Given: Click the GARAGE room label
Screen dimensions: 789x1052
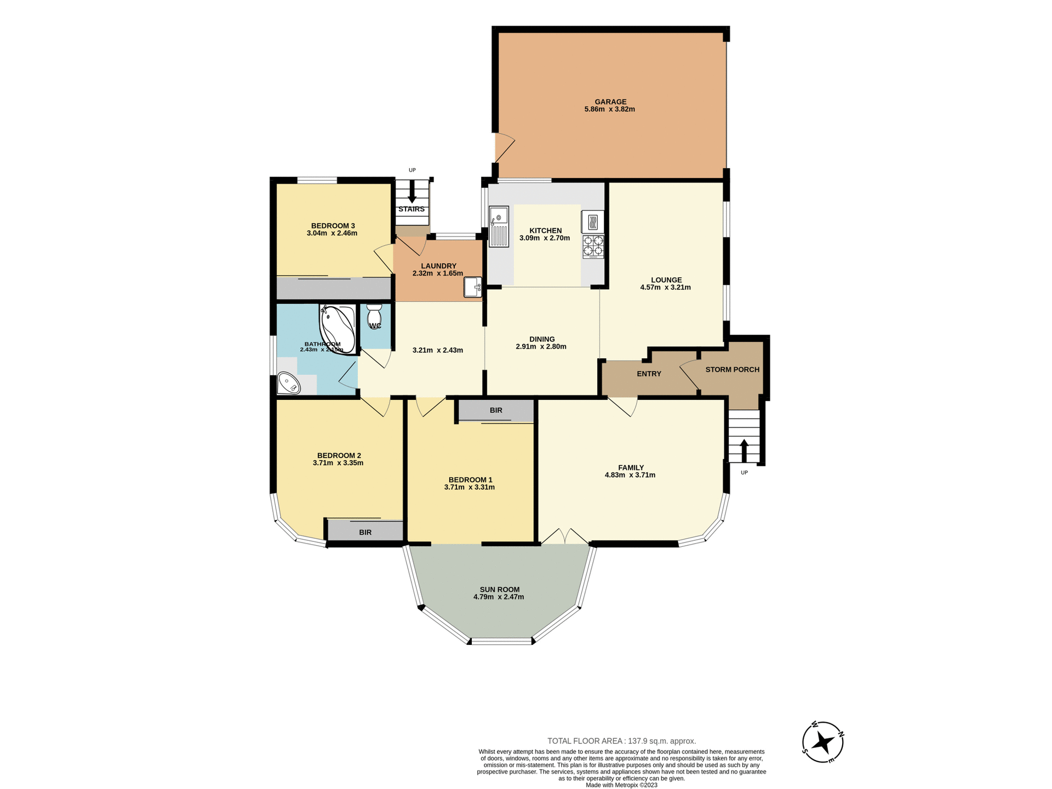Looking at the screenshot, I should point(610,102).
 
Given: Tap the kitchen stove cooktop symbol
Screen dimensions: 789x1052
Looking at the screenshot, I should point(593,247).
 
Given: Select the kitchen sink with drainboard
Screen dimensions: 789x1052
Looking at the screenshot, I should point(499,227).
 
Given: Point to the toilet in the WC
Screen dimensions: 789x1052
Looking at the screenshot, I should point(374,316).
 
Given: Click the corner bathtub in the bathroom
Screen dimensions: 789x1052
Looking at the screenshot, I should point(337,328).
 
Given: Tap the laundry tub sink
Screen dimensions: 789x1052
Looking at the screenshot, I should point(472,287).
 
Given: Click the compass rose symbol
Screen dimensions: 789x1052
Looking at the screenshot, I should point(822,742).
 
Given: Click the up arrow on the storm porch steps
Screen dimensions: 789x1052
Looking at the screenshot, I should point(744,450).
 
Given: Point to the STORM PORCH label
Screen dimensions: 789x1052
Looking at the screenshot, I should point(732,370).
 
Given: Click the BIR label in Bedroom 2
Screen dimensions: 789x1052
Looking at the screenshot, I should point(365,533).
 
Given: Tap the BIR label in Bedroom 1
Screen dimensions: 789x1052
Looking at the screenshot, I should point(496,410).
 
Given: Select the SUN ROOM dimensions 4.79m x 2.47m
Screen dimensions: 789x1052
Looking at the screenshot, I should point(499,597).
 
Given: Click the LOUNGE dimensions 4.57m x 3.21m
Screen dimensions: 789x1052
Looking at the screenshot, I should point(665,288).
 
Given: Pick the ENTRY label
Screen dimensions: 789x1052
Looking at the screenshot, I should point(649,374).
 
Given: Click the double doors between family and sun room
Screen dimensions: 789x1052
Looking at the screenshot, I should point(565,536).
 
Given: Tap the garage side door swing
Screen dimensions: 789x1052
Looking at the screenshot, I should point(504,146).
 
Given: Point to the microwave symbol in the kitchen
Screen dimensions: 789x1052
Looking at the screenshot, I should point(592,222).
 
